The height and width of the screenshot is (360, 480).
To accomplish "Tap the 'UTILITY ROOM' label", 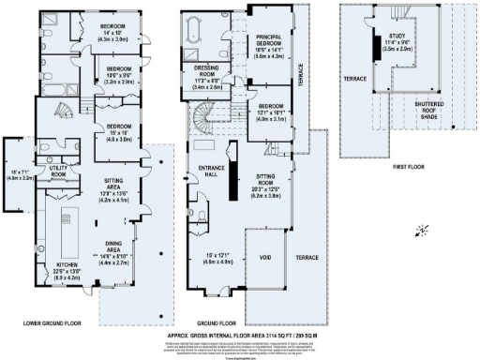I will coord(58,172).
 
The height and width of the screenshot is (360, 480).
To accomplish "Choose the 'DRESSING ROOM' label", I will coord(208,71).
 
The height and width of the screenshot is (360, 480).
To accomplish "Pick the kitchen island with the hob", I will coord(67,228).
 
